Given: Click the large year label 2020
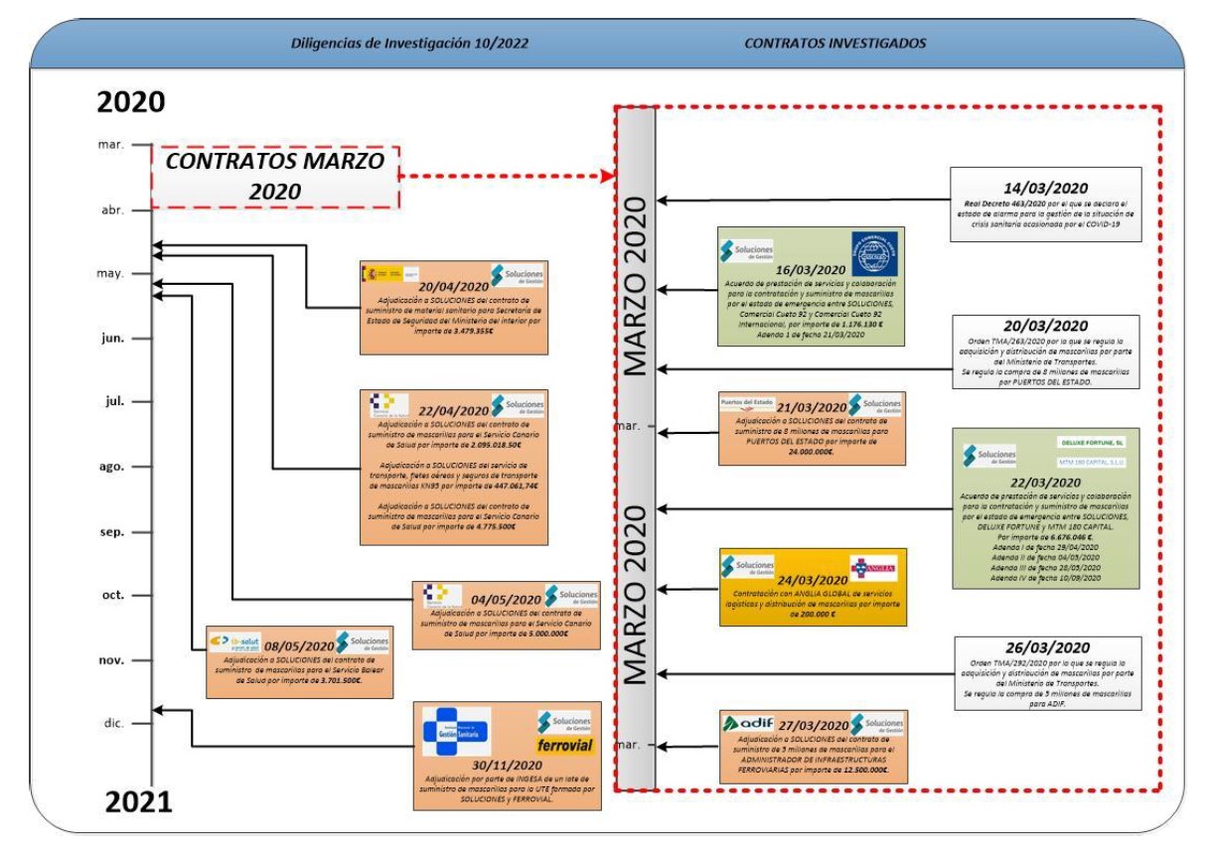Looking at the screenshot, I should tap(130, 102).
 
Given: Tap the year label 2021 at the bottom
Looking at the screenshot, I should tap(138, 800).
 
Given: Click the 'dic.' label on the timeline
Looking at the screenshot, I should tap(112, 723).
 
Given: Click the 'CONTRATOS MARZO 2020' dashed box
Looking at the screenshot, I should tap(274, 177).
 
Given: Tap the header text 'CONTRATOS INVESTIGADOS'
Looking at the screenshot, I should tap(834, 44).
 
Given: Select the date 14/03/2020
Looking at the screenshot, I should tap(1045, 188).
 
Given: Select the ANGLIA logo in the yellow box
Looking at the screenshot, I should tap(873, 568).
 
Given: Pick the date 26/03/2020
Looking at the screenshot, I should tap(1045, 647).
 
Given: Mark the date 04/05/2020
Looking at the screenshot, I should tap(506, 599).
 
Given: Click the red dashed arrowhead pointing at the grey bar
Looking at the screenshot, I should tap(607, 177).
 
